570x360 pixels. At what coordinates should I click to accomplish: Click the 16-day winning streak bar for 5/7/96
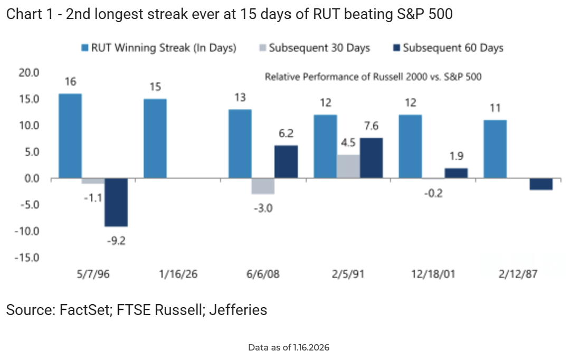click(70, 136)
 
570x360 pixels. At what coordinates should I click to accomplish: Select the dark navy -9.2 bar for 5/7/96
click(116, 203)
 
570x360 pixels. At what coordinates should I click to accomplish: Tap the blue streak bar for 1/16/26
click(155, 139)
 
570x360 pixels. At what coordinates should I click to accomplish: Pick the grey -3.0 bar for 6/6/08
click(263, 186)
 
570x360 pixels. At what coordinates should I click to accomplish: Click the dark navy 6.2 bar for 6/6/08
click(286, 162)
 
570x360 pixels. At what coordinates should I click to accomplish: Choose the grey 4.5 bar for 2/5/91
click(348, 166)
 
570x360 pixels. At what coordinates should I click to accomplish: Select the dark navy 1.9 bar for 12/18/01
click(456, 173)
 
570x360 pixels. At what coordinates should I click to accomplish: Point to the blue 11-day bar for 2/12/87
click(495, 149)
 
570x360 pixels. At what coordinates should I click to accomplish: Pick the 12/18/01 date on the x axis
click(433, 275)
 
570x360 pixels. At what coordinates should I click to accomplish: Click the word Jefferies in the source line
click(237, 310)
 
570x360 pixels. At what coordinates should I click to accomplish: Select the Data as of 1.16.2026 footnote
click(289, 348)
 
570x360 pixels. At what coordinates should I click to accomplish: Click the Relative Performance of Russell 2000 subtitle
click(373, 77)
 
